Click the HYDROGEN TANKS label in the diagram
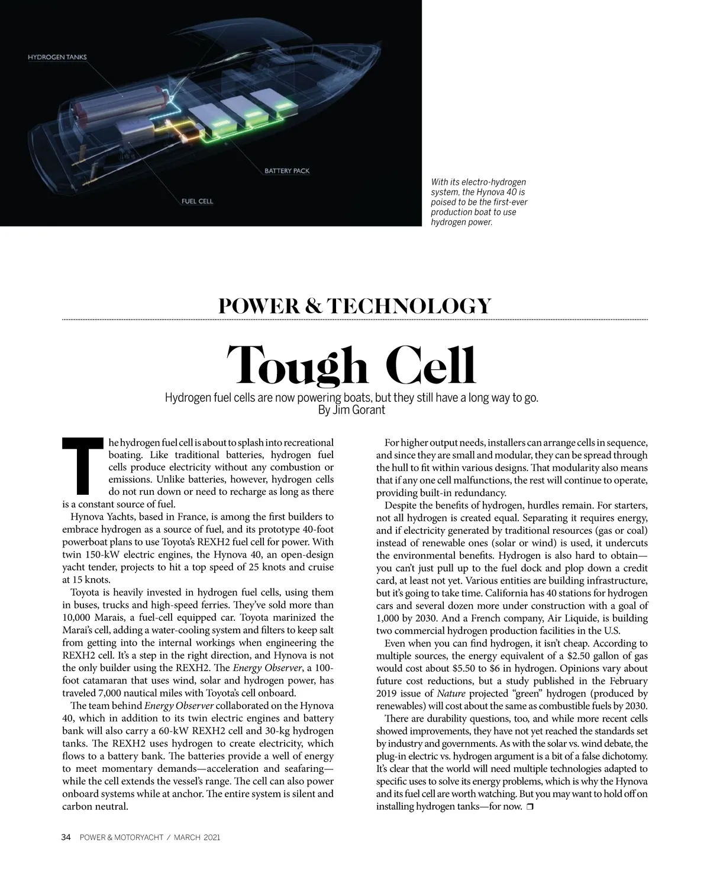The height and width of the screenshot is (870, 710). pos(57,57)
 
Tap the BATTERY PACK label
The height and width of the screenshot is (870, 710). pos(287,171)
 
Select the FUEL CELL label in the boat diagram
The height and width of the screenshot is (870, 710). pos(197,201)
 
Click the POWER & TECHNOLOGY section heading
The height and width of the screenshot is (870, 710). pos(355,306)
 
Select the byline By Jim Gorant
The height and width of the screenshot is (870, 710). pos(351,410)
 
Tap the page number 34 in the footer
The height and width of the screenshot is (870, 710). pos(66,837)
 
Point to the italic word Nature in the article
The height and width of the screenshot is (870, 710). pos(451,693)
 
